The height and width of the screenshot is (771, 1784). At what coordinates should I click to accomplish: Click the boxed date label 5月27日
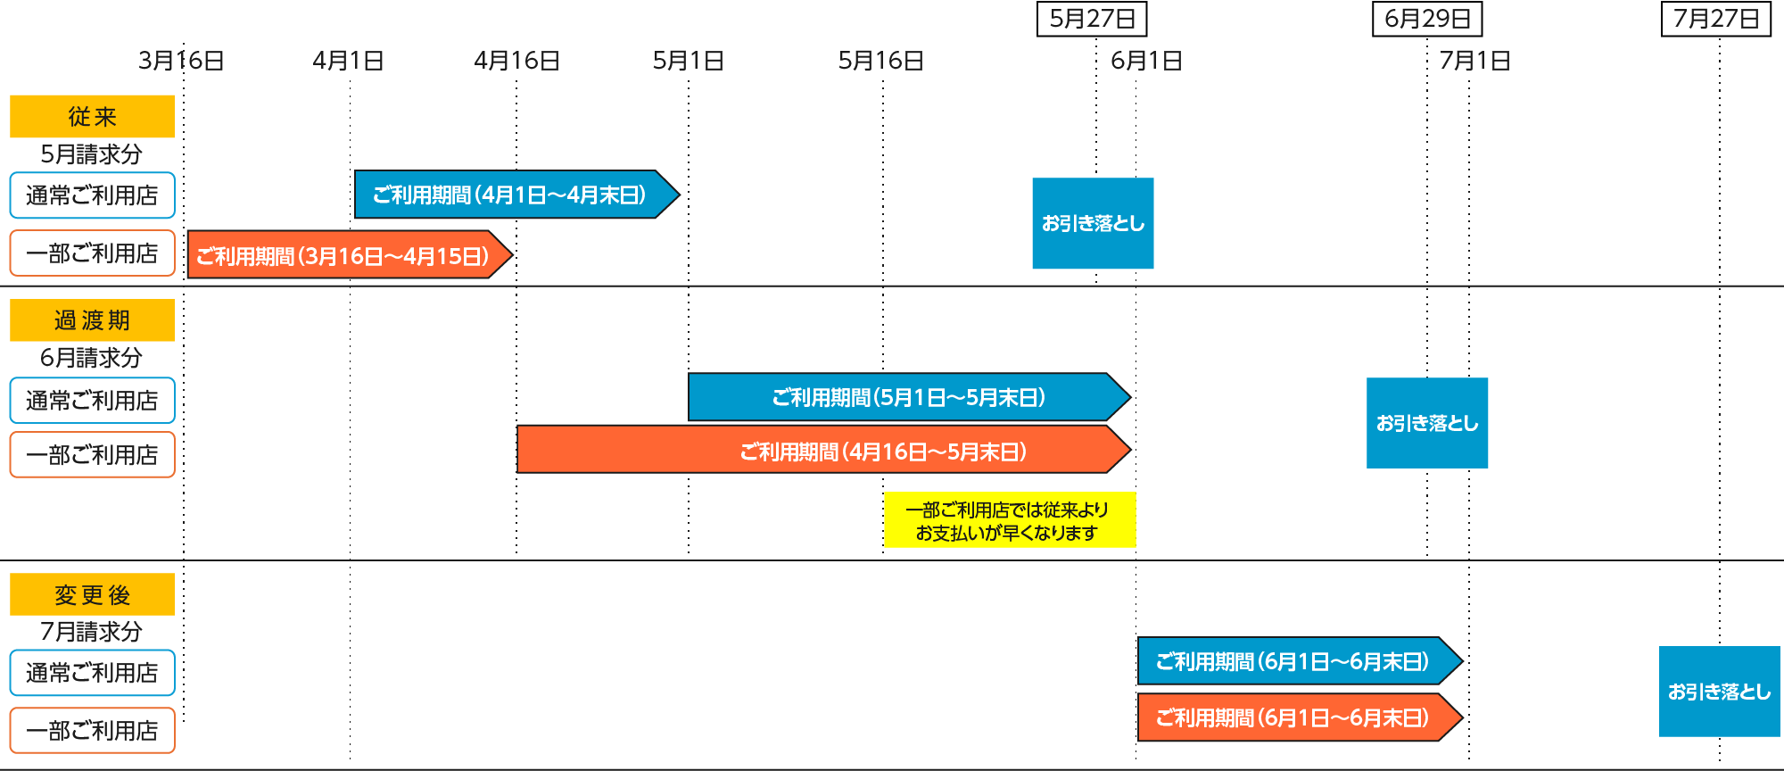(1092, 19)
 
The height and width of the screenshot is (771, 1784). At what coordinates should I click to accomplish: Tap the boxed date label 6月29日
(1427, 19)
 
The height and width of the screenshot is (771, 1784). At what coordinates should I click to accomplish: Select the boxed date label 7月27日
(1715, 19)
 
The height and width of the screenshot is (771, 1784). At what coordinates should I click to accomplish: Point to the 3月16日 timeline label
(181, 61)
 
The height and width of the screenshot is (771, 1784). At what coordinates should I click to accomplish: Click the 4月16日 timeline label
(516, 61)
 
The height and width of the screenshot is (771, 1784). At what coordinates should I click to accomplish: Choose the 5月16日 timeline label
(880, 61)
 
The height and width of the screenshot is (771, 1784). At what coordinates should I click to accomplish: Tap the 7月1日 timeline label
(1474, 61)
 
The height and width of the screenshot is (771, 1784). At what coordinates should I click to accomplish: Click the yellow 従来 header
(92, 117)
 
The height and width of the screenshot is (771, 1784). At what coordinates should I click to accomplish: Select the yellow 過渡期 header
(92, 320)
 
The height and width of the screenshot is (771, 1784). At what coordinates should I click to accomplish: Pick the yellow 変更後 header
(92, 594)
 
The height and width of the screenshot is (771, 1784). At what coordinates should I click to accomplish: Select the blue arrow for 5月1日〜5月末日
(905, 397)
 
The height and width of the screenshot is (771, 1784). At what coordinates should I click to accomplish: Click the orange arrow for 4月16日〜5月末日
(821, 450)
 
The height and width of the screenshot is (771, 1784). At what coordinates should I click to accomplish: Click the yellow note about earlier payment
(1009, 520)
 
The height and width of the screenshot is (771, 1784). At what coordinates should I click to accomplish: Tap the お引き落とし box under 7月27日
(1719, 692)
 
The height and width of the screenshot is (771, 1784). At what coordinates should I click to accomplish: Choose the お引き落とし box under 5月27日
(1093, 223)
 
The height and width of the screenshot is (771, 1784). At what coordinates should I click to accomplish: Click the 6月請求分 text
(92, 358)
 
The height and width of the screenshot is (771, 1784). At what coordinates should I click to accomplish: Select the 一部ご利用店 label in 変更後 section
(92, 731)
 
